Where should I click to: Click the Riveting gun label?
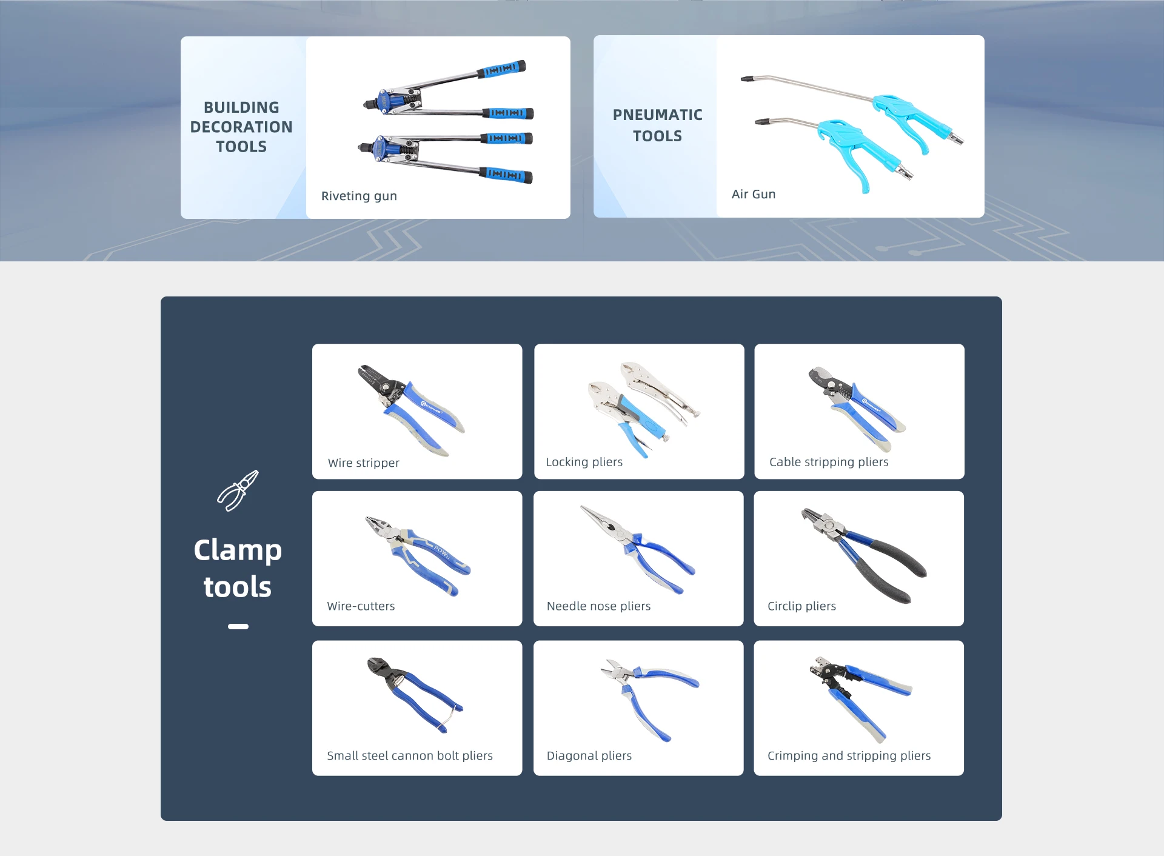359,196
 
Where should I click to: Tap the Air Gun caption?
753,194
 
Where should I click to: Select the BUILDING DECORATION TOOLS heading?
241,127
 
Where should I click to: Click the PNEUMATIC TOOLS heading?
657,125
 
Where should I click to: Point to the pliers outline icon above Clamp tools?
238,490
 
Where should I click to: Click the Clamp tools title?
238,568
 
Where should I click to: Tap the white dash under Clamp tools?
238,626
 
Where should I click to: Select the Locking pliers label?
584,462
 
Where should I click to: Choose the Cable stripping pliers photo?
856,407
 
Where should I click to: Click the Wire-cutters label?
361,606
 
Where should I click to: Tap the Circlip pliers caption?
801,606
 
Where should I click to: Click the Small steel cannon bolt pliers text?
410,756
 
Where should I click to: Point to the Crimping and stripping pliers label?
849,756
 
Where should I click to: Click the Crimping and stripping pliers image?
858,697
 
